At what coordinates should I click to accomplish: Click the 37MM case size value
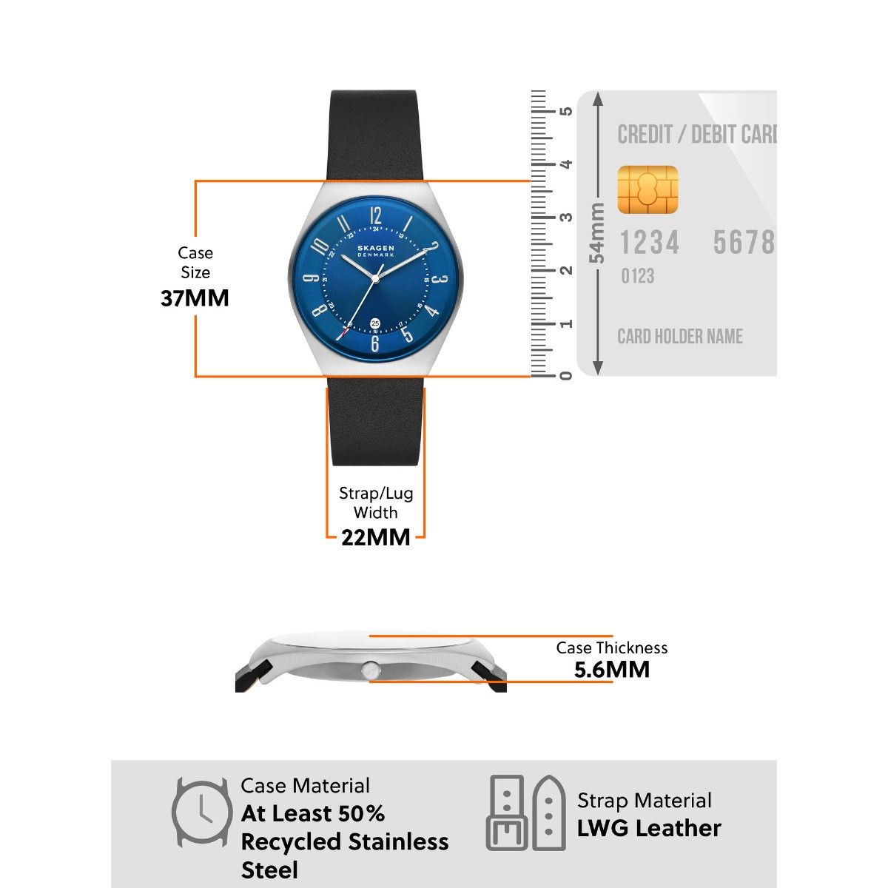click(x=195, y=298)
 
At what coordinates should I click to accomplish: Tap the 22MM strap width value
click(x=375, y=537)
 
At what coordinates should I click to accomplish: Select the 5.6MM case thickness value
click(x=612, y=670)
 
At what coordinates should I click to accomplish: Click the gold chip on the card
click(x=647, y=190)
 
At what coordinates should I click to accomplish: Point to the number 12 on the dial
click(x=375, y=216)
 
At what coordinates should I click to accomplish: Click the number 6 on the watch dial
click(x=374, y=344)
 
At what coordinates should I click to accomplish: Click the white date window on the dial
click(x=375, y=323)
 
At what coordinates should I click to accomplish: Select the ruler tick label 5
click(x=567, y=111)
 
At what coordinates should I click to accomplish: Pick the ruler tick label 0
click(x=567, y=375)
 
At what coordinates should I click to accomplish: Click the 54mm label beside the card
click(x=596, y=233)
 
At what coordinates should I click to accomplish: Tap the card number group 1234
click(x=649, y=243)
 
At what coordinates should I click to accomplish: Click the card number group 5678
click(x=743, y=243)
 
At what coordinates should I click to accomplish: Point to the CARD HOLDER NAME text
click(x=680, y=337)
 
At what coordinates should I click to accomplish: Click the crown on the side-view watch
click(x=369, y=670)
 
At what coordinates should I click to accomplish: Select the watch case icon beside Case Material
click(x=201, y=812)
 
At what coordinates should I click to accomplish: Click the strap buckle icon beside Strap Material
click(x=526, y=813)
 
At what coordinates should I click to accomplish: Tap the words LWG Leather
click(x=649, y=828)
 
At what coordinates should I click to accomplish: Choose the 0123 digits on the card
click(x=637, y=277)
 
